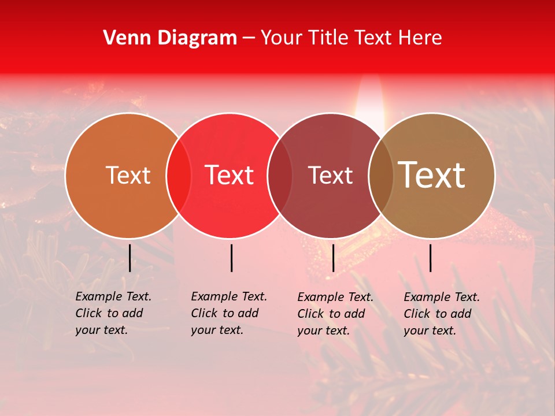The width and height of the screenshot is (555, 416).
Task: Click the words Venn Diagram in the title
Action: [x=170, y=38]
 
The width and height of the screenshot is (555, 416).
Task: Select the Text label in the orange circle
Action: [x=128, y=176]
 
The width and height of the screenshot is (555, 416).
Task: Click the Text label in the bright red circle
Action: [x=230, y=176]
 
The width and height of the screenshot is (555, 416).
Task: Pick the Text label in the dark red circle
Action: [x=330, y=176]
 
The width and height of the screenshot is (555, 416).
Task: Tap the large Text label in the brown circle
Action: [x=432, y=175]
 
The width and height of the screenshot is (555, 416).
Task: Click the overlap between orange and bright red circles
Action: [x=179, y=176]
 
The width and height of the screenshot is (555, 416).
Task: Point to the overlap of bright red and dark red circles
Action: [x=280, y=176]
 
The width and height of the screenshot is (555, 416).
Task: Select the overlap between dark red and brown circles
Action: [x=380, y=176]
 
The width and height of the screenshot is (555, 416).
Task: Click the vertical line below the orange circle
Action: [x=129, y=258]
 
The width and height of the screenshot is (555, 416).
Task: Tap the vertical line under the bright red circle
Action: [x=231, y=258]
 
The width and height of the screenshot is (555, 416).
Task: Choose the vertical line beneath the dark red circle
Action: [x=333, y=258]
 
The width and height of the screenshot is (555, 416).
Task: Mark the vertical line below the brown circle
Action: [x=430, y=258]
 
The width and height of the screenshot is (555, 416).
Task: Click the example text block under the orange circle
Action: [x=113, y=313]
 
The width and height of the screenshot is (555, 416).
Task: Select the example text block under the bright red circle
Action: [x=228, y=313]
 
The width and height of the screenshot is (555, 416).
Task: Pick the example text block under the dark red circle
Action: [x=335, y=314]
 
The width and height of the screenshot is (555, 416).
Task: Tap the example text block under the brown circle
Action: [x=441, y=314]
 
